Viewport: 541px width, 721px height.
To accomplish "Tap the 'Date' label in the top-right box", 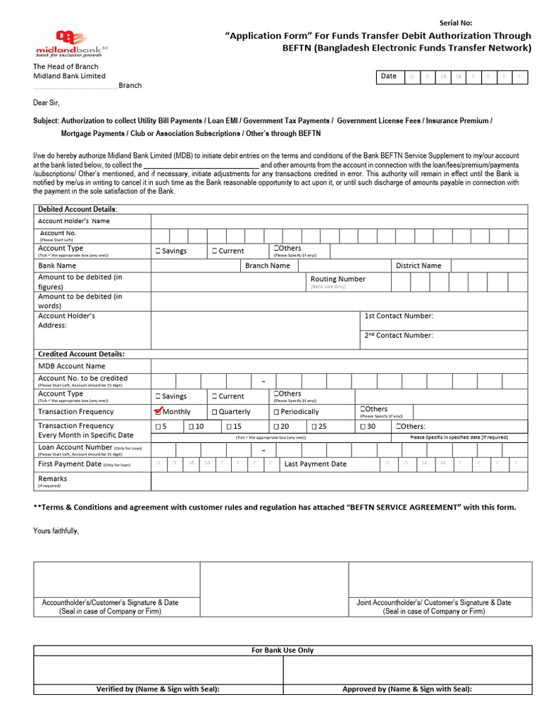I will point(388,76).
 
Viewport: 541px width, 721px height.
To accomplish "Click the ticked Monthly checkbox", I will point(158,411).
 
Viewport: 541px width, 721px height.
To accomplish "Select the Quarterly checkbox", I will point(214,412).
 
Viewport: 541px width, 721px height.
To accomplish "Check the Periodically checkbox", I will point(276,412).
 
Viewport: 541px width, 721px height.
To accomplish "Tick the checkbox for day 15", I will point(228,427).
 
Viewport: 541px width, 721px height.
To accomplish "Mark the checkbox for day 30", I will point(363,427).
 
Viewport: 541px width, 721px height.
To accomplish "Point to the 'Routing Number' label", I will point(337,279).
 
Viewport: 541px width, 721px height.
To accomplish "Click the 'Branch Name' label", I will point(267,265).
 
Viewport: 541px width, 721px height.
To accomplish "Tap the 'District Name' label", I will point(418,265).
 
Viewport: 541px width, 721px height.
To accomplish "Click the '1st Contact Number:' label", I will point(399,316).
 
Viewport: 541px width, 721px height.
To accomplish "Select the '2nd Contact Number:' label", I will point(399,336).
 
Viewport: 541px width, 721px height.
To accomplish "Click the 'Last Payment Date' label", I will point(315,464).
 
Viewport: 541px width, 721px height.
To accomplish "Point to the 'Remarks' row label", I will point(53,479).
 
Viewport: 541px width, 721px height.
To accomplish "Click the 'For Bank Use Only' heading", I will point(282,650).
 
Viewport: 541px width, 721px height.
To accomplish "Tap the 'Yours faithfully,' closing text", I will point(56,530).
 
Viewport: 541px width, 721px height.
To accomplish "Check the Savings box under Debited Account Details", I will point(158,251).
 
